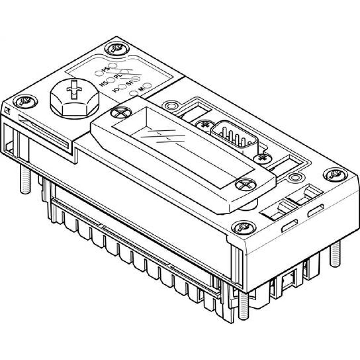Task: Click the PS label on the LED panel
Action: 105,69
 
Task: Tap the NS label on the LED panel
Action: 104,84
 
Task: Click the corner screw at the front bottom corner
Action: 244,227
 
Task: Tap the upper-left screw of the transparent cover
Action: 119,113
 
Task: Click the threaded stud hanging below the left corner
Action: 25,182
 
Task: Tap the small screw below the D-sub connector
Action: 262,158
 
